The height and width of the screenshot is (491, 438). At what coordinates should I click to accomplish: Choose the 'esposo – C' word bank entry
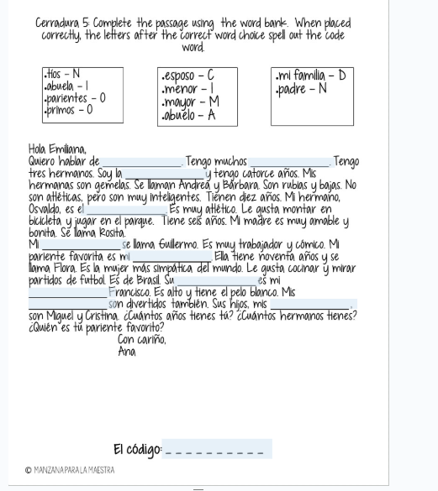pos(187,75)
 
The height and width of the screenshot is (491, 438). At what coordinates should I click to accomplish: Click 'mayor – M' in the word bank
pos(187,99)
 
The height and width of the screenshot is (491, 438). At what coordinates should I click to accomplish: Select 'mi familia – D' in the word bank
pos(311,75)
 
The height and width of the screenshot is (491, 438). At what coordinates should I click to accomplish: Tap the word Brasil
pos(139,279)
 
